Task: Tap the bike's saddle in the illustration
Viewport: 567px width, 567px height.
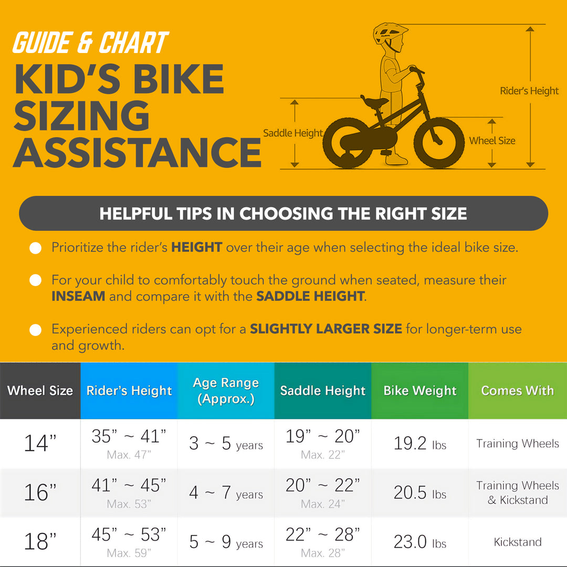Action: click(x=374, y=102)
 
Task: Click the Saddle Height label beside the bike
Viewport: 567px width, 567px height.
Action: click(x=293, y=133)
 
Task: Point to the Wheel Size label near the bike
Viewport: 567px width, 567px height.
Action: click(x=492, y=141)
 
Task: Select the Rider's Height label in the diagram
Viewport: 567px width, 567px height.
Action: click(x=529, y=91)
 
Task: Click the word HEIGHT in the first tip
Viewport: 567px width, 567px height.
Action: click(x=197, y=247)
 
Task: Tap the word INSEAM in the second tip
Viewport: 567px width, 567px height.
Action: click(x=78, y=296)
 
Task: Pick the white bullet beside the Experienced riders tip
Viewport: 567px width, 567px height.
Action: click(x=36, y=330)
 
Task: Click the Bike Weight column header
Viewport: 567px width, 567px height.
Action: click(x=420, y=391)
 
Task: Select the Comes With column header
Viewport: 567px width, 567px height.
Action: click(x=518, y=391)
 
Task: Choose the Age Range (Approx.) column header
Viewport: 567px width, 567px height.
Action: click(x=226, y=391)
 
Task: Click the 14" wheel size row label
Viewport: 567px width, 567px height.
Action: click(x=40, y=443)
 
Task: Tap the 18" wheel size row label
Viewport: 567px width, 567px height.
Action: click(x=40, y=542)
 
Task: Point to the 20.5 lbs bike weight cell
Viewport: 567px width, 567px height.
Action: click(x=420, y=492)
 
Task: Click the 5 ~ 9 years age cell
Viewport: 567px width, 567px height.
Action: click(x=226, y=542)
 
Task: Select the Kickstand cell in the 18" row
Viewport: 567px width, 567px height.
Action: click(x=518, y=542)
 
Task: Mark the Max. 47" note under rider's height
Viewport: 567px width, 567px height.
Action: click(x=129, y=455)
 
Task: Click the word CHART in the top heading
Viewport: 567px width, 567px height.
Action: click(x=133, y=43)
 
